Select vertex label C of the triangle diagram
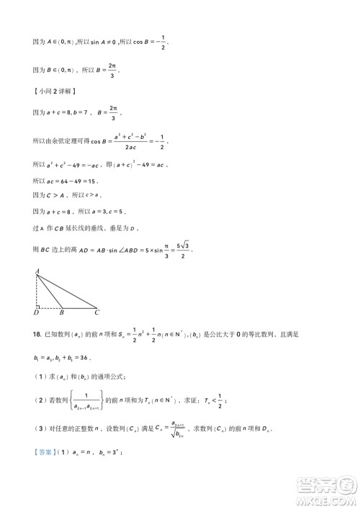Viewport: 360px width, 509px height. pyautogui.click(x=97, y=313)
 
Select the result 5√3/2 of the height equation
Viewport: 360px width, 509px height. pyautogui.click(x=184, y=249)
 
